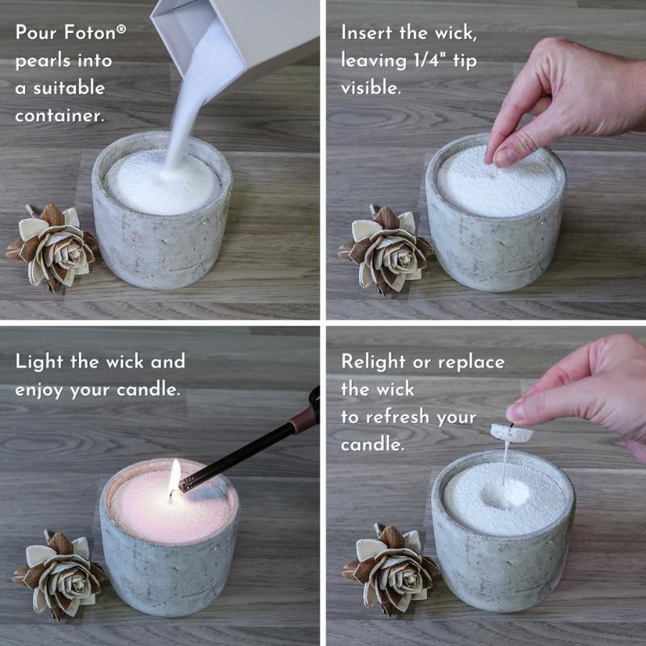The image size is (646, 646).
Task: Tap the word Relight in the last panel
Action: point(375,361)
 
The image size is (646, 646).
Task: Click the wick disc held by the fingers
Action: point(511,433)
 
